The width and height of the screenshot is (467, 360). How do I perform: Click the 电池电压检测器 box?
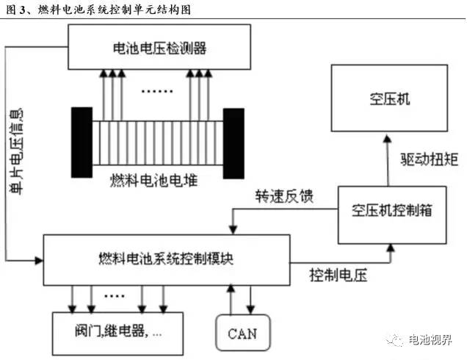[157, 48]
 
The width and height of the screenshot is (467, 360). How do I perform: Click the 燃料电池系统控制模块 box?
[166, 259]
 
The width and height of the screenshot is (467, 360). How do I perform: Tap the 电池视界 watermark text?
[434, 339]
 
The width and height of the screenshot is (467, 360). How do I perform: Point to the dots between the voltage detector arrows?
[156, 92]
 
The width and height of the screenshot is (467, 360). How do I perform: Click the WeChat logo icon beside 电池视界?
[397, 339]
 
